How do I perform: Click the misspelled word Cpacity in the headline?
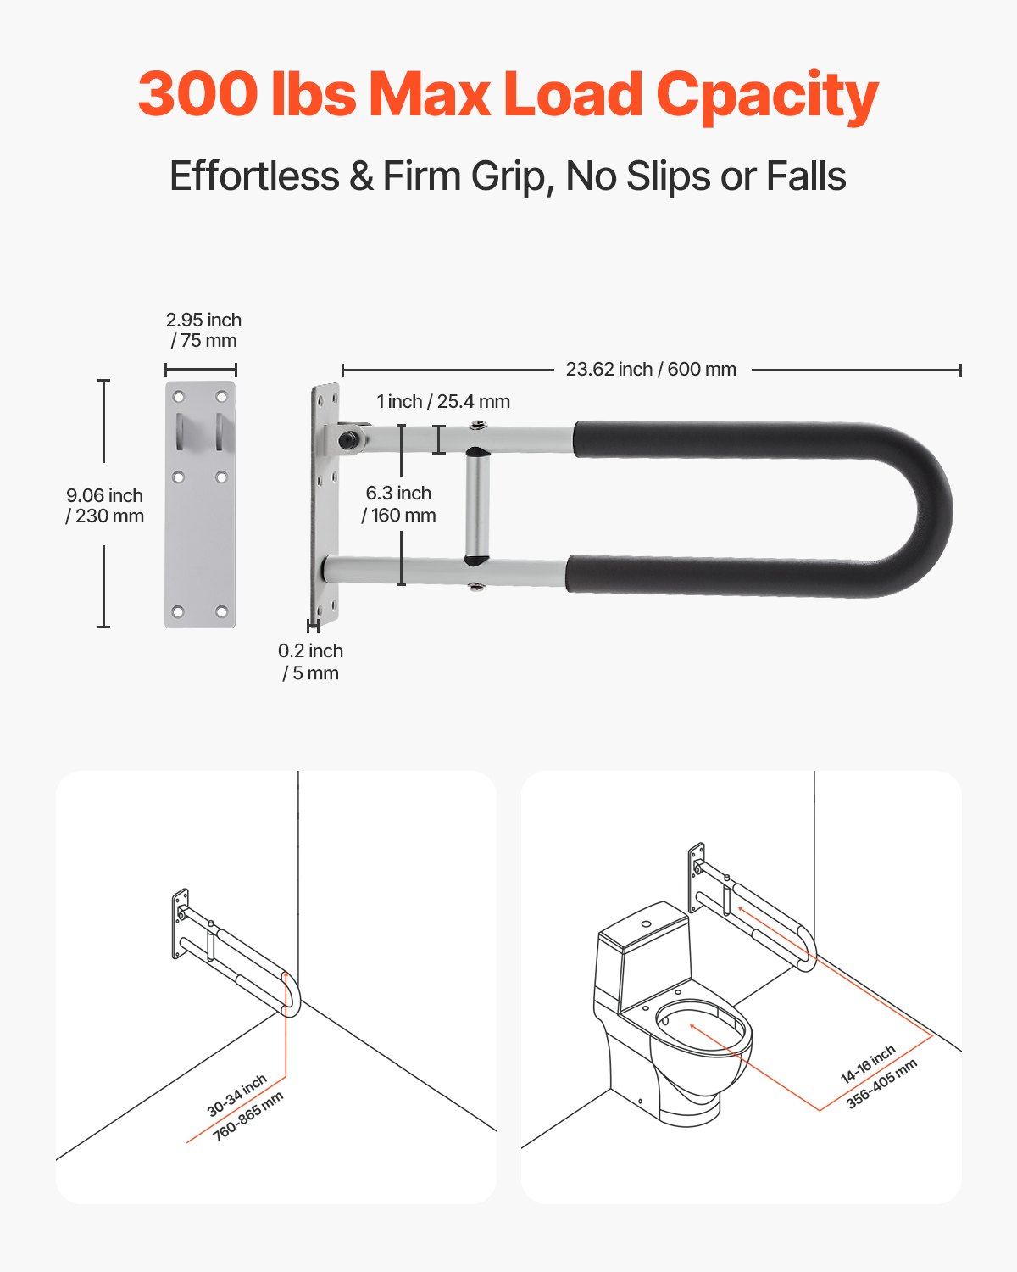point(767,95)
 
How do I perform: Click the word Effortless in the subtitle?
point(254,176)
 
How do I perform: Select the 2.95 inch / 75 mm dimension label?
point(203,331)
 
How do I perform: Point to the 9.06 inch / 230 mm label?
point(105,505)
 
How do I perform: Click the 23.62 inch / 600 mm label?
point(651,370)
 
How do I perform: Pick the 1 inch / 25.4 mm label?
point(443,402)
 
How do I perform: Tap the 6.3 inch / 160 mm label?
point(398,504)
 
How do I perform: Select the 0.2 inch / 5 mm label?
point(310,661)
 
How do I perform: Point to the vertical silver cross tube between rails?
point(476,507)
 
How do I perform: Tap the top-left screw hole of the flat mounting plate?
point(179,397)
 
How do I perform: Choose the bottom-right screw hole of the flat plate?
point(221,611)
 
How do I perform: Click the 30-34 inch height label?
point(237,1095)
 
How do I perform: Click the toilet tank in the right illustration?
point(644,954)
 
